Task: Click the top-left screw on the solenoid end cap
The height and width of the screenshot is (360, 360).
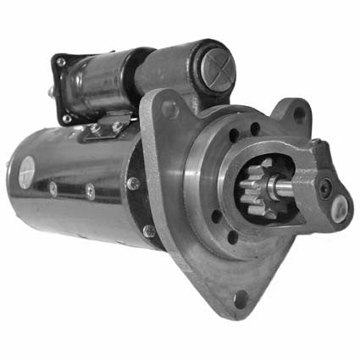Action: [x=61, y=62]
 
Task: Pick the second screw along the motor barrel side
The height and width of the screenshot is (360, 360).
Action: [x=91, y=192]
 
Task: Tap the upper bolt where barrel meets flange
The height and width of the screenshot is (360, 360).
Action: [x=133, y=183]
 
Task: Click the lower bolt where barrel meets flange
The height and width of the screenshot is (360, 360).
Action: [x=149, y=230]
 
